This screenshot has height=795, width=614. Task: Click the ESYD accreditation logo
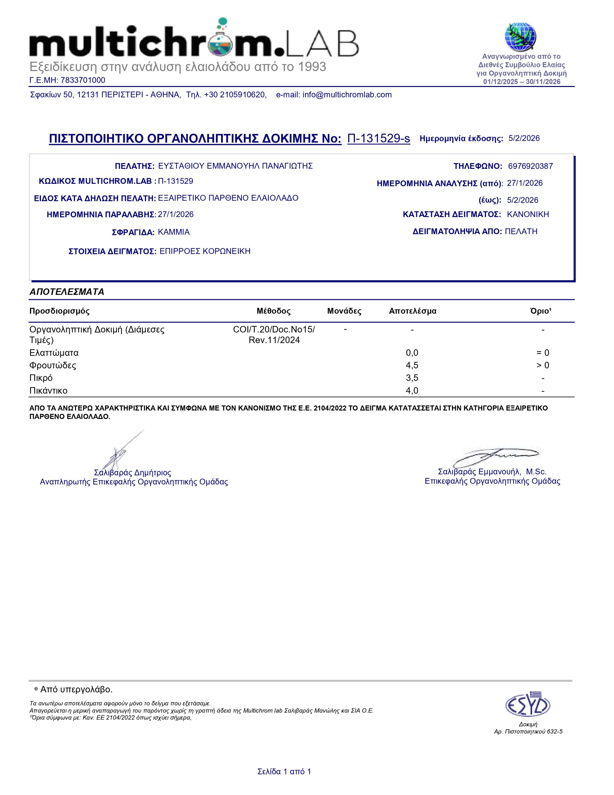tap(527, 705)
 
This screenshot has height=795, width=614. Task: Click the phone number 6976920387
tap(530, 166)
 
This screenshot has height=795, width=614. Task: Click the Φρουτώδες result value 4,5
tap(412, 366)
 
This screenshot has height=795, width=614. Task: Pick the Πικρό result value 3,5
tap(412, 378)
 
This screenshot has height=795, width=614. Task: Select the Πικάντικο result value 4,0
tap(412, 391)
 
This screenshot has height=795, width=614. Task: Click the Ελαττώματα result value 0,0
tap(412, 353)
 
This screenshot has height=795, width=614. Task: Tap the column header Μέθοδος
tap(274, 311)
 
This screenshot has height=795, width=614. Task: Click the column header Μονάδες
tap(344, 311)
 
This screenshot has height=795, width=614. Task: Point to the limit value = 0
tap(542, 353)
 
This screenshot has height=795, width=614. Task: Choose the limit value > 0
tap(542, 366)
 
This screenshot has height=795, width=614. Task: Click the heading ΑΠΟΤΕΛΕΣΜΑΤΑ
tap(67, 292)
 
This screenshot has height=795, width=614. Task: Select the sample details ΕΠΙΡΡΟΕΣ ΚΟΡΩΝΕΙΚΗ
tap(205, 252)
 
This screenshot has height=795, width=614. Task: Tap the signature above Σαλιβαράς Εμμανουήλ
tap(495, 456)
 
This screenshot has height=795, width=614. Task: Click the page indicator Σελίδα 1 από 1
tap(284, 772)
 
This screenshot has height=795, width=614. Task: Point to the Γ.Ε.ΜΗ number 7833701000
tap(83, 80)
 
